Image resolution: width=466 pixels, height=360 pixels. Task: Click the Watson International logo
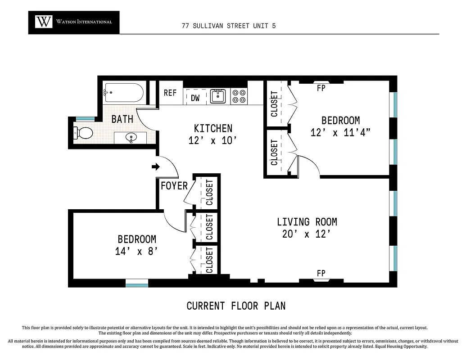click(74, 22)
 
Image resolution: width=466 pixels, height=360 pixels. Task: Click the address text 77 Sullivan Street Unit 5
click(229, 26)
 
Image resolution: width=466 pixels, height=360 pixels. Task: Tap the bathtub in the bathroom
click(123, 93)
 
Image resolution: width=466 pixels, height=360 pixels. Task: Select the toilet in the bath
click(83, 133)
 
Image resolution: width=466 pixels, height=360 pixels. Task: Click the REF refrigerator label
click(170, 93)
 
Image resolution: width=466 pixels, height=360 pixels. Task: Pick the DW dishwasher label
click(195, 98)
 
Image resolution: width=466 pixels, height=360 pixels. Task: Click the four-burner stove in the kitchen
click(239, 96)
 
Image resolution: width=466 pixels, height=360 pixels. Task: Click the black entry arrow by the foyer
click(155, 167)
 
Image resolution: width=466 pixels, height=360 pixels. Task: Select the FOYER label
click(174, 185)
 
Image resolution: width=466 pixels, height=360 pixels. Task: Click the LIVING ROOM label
click(307, 222)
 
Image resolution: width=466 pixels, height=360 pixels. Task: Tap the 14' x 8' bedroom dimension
click(137, 251)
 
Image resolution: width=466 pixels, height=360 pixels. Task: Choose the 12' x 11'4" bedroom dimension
click(340, 132)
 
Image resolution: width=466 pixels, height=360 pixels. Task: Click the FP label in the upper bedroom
click(321, 88)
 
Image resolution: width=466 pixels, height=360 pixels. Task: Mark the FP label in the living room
click(321, 273)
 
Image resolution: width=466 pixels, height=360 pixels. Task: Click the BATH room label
click(122, 119)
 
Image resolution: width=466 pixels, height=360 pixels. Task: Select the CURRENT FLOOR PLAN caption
click(236, 306)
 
